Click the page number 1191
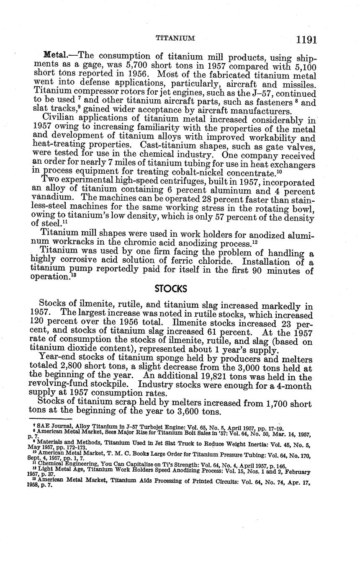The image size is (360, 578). tap(306, 40)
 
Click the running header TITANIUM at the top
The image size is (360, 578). tap(175, 39)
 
